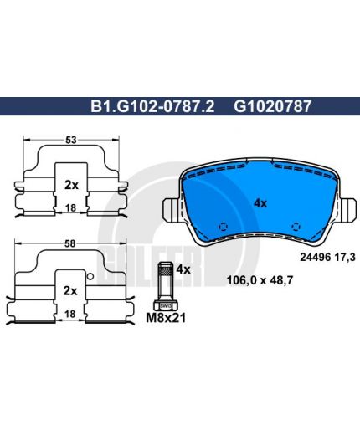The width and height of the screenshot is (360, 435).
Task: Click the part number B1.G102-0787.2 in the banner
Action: pyautogui.click(x=152, y=106)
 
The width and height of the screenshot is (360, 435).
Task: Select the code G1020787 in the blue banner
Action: pyautogui.click(x=272, y=106)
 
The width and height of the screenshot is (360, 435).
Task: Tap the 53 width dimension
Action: pyautogui.click(x=71, y=140)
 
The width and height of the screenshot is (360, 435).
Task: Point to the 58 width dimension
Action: pyautogui.click(x=69, y=243)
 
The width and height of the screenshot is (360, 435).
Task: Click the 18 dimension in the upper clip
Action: pyautogui.click(x=70, y=207)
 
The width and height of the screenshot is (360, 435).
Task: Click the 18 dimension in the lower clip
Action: pyautogui.click(x=69, y=314)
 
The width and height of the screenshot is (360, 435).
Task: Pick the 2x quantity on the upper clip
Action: pyautogui.click(x=71, y=185)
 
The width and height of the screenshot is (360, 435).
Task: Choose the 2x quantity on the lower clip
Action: pyautogui.click(x=70, y=291)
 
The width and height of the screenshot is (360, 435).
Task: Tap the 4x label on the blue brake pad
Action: pyautogui.click(x=260, y=203)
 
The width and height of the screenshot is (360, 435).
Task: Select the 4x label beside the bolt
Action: pyautogui.click(x=184, y=269)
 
